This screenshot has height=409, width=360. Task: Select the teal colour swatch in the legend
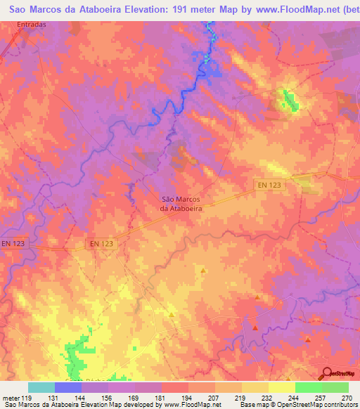[x=41, y=387]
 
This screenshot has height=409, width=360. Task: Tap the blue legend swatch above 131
[x=68, y=387]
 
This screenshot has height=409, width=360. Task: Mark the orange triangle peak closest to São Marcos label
[x=204, y=270]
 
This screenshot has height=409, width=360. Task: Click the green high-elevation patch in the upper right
[x=288, y=100]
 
